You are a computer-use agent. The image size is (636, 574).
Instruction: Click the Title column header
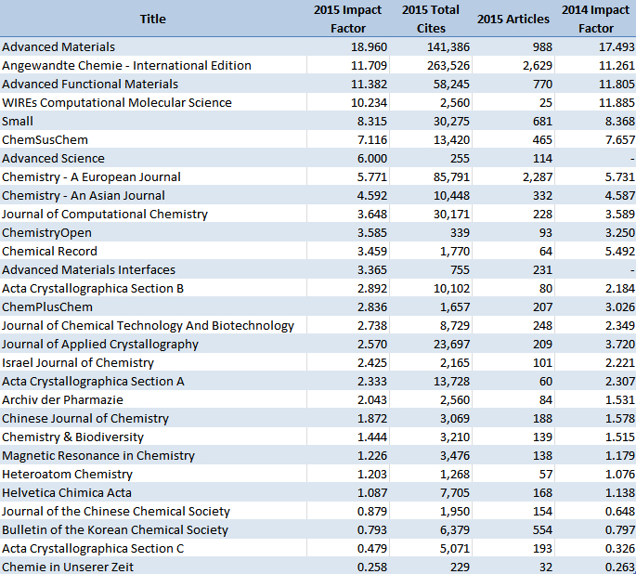point(153,20)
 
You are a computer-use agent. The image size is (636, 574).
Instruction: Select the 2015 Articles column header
point(513,20)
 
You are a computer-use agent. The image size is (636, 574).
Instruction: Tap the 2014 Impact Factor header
point(595,20)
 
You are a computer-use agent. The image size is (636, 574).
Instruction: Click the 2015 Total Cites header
point(431,20)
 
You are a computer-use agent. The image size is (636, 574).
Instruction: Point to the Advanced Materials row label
point(58,47)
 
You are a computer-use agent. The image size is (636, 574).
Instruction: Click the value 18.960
point(369,47)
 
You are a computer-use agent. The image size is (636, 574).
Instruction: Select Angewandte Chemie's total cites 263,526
point(448,66)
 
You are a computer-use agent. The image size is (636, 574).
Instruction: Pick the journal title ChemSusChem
point(45,140)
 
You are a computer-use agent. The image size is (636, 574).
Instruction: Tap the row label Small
point(18,122)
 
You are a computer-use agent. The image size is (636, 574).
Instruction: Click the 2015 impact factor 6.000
point(372,159)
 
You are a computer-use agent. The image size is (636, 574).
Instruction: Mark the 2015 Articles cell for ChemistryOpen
point(546,233)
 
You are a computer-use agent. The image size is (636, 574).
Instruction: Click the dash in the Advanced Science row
point(632,159)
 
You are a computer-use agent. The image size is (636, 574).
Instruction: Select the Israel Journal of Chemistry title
point(78,363)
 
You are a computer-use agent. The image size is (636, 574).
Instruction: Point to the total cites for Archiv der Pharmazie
point(455,400)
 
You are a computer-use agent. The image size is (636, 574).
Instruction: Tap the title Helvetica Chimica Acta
point(67,493)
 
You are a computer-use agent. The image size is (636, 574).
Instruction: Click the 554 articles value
point(542,530)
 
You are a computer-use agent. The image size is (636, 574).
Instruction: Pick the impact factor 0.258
point(372,567)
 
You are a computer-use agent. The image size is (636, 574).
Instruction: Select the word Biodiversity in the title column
point(110,437)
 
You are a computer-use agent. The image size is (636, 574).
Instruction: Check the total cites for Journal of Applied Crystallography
point(451,345)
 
